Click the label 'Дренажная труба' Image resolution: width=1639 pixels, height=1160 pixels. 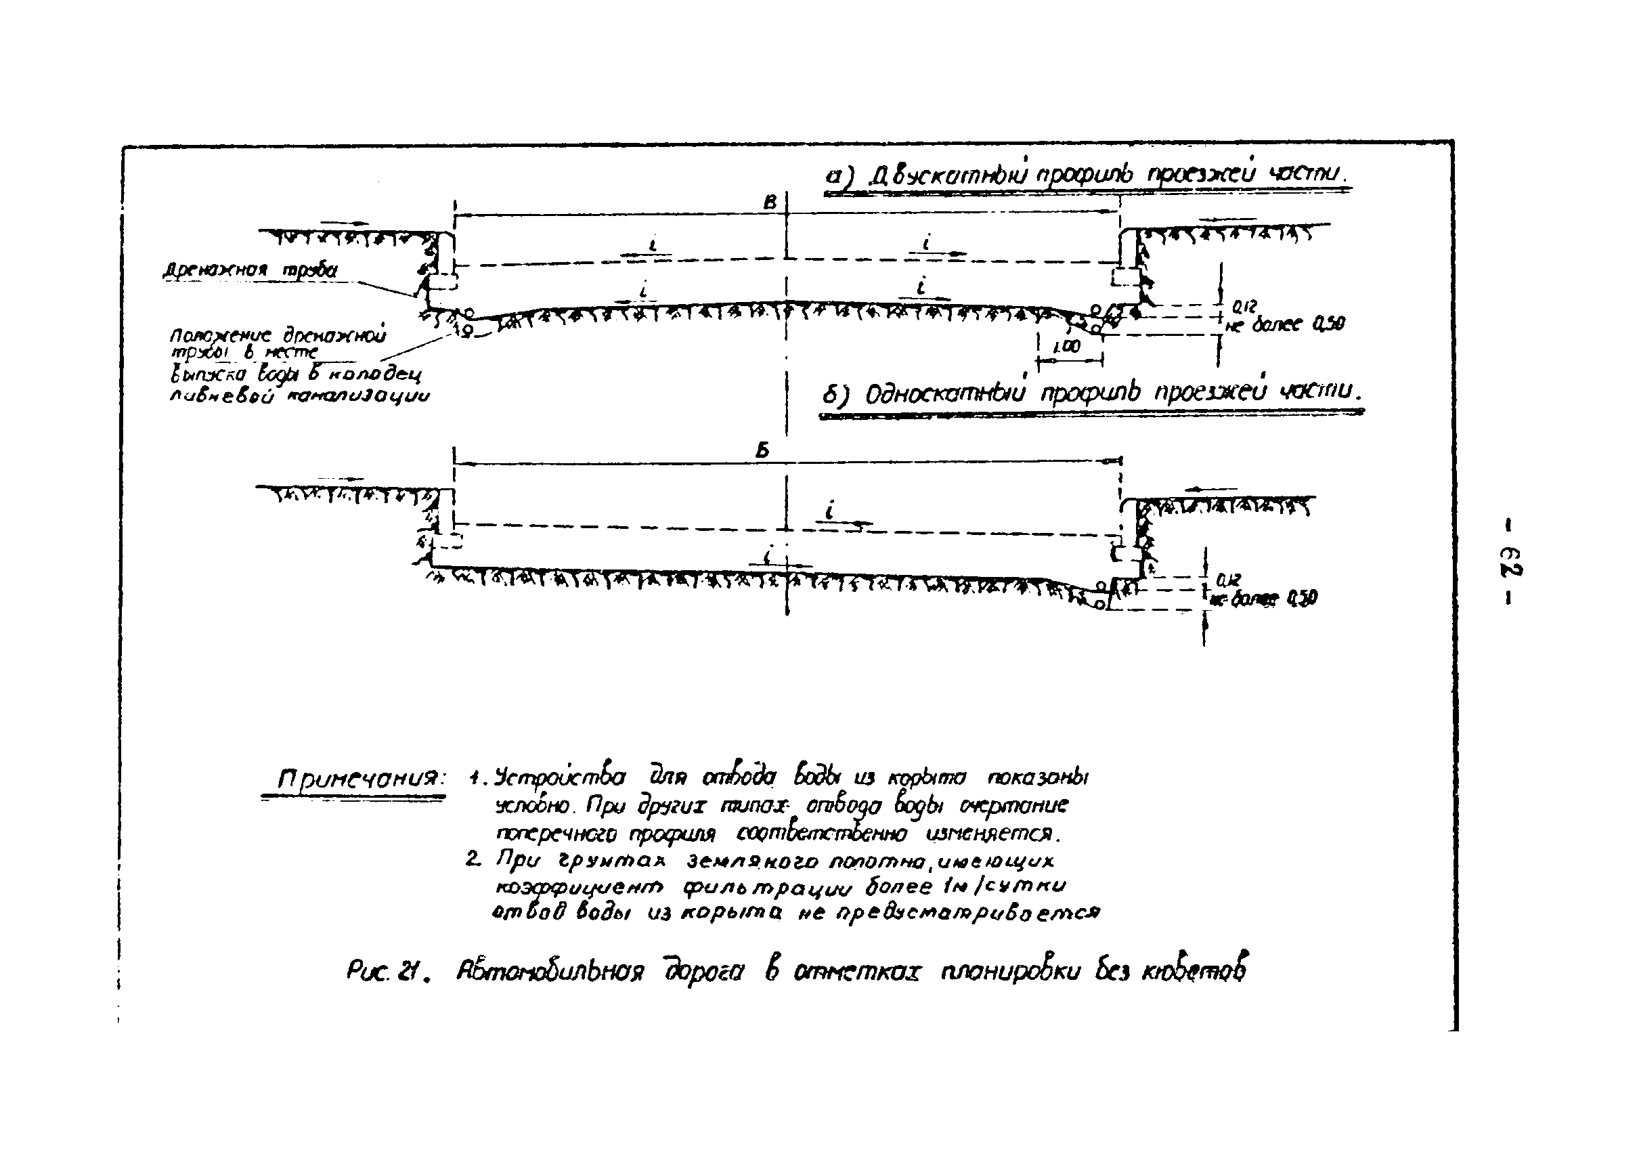click(249, 271)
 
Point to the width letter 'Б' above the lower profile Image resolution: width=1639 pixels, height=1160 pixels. click(763, 451)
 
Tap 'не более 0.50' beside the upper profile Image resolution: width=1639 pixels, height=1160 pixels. click(1285, 324)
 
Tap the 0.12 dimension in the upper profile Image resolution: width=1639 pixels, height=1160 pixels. click(1244, 307)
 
